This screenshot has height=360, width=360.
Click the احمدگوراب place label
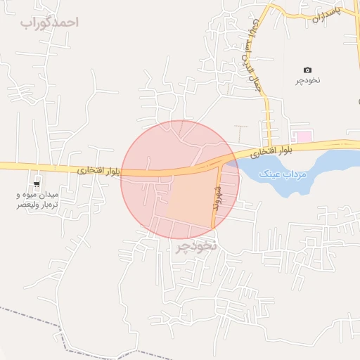pos(49,22)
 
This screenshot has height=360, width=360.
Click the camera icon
pos(307,70)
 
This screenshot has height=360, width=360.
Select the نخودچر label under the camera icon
pos(307,80)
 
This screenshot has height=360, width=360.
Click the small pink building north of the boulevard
pos(302,136)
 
